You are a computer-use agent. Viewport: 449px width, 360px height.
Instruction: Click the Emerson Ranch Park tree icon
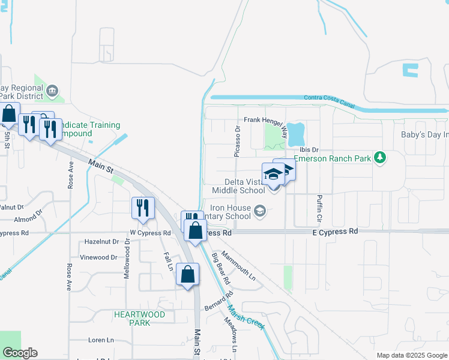click(379, 158)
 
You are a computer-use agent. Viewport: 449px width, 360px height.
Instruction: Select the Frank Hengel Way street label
click(265, 120)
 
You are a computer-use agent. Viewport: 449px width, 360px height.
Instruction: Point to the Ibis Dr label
click(306, 149)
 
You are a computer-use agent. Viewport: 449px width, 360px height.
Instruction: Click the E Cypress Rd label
click(335, 231)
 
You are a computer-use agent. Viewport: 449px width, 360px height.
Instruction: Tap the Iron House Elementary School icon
click(260, 211)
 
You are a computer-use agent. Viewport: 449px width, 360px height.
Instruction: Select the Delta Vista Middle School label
click(238, 186)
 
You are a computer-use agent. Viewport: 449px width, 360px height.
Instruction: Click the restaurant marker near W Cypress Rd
click(142, 208)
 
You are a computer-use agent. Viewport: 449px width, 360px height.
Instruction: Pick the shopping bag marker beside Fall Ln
click(188, 274)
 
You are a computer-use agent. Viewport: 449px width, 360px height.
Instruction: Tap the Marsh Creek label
click(246, 310)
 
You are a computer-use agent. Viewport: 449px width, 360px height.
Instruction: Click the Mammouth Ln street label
click(239, 266)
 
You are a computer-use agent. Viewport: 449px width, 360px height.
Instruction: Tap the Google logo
click(20, 352)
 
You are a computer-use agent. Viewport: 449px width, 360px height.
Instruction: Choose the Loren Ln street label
click(101, 340)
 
